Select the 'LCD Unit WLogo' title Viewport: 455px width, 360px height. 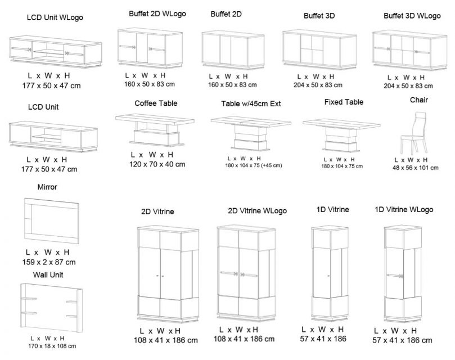[55, 17]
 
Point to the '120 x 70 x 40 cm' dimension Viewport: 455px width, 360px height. [157, 164]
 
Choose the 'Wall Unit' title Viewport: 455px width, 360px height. [48, 275]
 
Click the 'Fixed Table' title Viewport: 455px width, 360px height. [344, 102]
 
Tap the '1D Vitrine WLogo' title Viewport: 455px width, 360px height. [404, 210]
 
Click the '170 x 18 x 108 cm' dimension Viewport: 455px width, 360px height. [52, 346]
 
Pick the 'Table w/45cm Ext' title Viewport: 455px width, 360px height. [248, 104]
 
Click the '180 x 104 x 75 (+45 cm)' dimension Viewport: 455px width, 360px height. [253, 165]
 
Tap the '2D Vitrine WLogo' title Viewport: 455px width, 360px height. [257, 211]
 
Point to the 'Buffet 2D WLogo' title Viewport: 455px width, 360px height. [157, 13]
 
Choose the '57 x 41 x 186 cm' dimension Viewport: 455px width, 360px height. [402, 340]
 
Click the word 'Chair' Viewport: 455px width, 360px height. [419, 100]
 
